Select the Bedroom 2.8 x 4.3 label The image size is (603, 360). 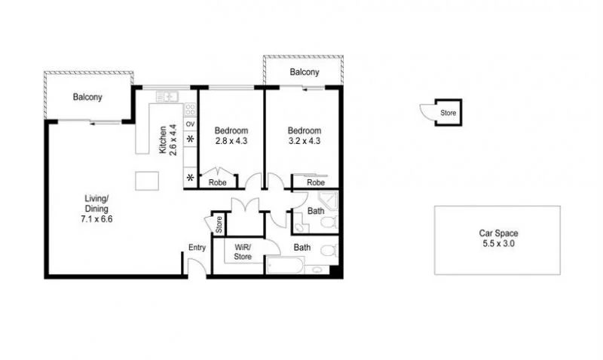231,135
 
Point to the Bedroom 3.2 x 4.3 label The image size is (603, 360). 305,135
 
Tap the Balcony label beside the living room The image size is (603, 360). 87,97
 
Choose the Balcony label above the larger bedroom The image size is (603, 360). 305,72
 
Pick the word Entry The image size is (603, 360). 197,247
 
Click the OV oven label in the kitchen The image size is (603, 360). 190,124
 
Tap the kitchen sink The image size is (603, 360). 167,96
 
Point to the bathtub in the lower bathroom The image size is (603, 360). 285,267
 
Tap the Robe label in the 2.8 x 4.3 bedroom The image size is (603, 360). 218,182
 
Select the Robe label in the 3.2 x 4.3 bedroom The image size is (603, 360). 316,182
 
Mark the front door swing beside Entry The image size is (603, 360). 194,266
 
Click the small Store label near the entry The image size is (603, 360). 219,224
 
